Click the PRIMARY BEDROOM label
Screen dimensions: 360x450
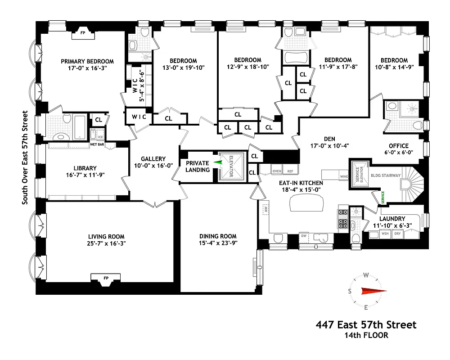[x=87, y=62]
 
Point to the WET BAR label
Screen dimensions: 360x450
[x=97, y=144]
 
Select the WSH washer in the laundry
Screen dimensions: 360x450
[x=385, y=234]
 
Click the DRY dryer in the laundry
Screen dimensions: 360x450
[x=397, y=234]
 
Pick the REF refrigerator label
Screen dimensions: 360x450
[x=290, y=171]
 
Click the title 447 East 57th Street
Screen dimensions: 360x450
[x=366, y=324]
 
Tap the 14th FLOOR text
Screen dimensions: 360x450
[x=366, y=335]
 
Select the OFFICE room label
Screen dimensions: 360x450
[x=399, y=146]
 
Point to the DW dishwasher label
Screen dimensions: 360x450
[x=304, y=235]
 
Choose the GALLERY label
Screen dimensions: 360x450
[x=153, y=159]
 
